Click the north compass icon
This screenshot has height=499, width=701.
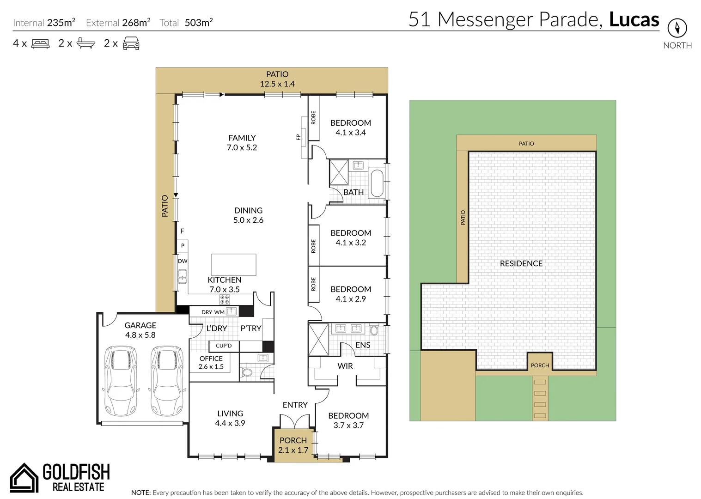677,28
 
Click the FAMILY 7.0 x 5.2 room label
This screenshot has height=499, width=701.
242,143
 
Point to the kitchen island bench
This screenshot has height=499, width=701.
233,264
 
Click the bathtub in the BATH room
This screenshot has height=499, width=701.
377,183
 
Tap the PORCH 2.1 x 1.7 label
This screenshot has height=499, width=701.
293,445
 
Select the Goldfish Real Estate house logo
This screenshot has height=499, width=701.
24,478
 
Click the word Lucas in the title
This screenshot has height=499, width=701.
634,19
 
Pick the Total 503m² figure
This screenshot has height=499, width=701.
198,23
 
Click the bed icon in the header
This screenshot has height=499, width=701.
40,44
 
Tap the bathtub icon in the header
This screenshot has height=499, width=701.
85,43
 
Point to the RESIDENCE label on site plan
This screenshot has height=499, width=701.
521,263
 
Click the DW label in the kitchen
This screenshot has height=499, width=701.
183,261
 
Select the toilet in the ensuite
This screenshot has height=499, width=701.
374,330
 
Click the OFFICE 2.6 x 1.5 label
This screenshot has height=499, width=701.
211,362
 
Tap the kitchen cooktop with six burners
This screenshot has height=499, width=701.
224,299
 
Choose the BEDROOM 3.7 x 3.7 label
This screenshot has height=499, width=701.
348,420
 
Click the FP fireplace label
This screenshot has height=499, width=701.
298,137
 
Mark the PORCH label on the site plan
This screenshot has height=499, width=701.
540,365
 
